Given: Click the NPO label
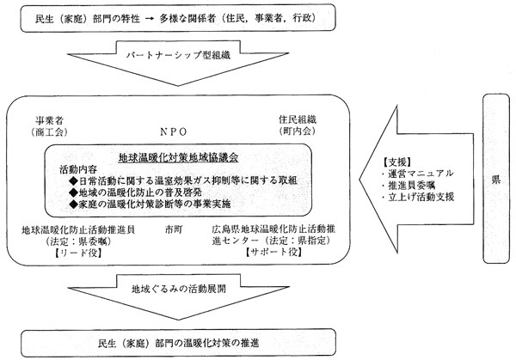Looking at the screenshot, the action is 174,131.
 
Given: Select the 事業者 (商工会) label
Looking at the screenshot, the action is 49,126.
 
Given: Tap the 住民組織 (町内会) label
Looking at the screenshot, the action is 298,125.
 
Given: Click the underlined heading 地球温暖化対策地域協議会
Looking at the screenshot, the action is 178,158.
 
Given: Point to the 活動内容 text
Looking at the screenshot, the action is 78,169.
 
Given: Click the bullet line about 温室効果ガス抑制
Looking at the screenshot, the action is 183,180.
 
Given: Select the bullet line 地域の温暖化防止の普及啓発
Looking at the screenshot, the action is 135,192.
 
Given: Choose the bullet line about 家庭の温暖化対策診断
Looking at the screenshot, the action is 150,204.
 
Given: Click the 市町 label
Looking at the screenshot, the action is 174,229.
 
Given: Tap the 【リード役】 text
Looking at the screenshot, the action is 78,253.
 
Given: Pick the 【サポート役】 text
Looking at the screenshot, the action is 273,252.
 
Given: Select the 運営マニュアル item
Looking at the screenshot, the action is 418,174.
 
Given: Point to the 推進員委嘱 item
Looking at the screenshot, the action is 408,185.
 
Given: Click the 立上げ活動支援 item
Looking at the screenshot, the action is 418,197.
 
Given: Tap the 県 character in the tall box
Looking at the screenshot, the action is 496,180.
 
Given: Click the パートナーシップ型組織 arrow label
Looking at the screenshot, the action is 178,55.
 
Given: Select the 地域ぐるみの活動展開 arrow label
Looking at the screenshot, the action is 179,289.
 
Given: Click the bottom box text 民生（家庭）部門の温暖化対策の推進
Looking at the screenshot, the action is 178,343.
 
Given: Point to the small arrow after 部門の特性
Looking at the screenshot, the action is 150,19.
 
